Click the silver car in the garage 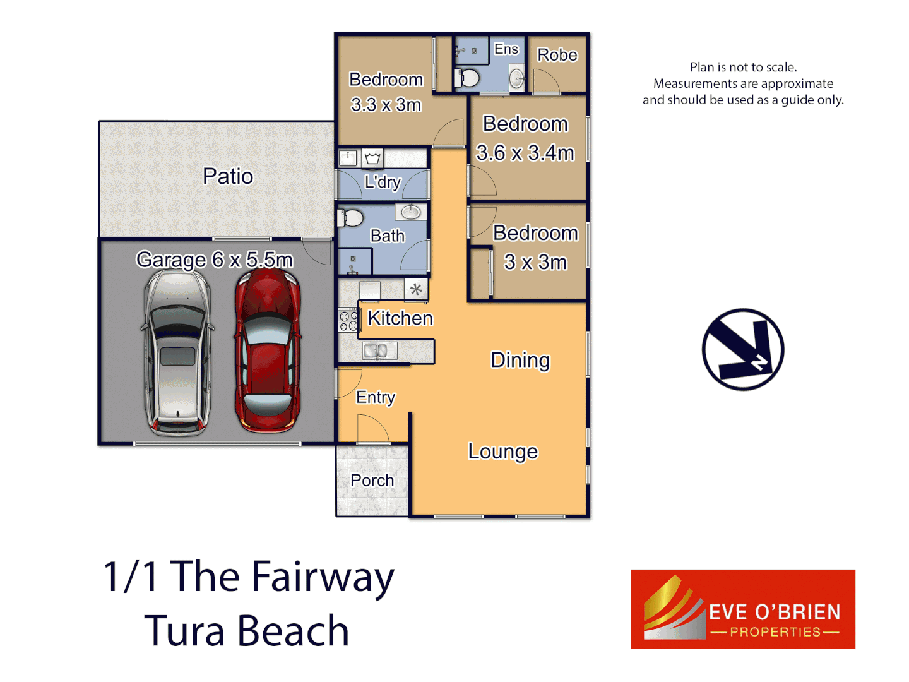tap(177, 354)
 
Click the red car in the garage tap(268, 354)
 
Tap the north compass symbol tap(743, 349)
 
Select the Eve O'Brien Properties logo tap(743, 609)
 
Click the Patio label tap(228, 176)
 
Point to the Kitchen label tap(400, 318)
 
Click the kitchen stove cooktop tap(348, 321)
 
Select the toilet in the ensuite tap(468, 78)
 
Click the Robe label tap(557, 56)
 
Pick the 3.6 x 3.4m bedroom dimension tap(525, 153)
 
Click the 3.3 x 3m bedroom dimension tap(386, 105)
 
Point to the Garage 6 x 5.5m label tap(215, 260)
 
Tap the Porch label tap(372, 481)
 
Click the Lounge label tap(502, 452)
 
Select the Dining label tap(520, 360)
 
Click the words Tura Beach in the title tap(247, 631)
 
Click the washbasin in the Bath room tap(411, 212)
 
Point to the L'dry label tap(383, 182)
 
